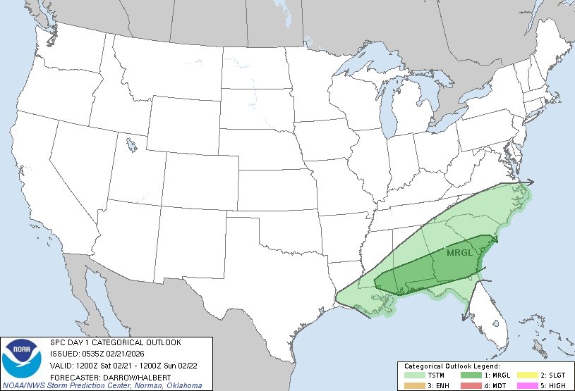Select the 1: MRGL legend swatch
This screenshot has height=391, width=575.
[x=468, y=375]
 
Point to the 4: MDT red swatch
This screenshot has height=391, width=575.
[x=468, y=385]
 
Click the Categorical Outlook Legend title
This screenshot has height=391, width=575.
[x=452, y=366]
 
